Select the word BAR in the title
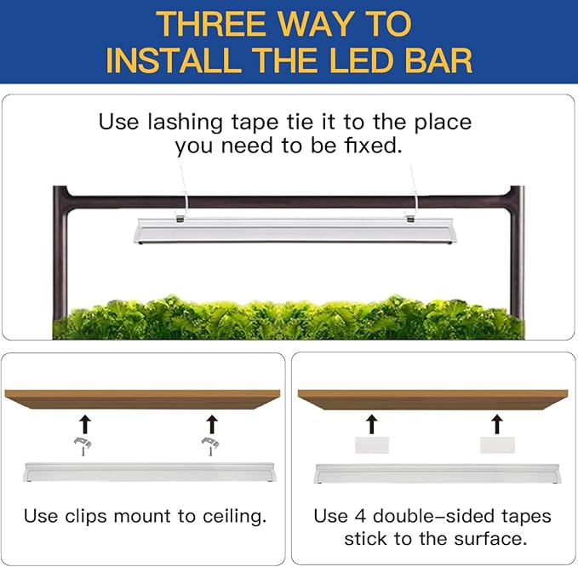442,60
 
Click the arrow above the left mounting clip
83,422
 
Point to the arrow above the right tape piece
497,422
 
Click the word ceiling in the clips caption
233,516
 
